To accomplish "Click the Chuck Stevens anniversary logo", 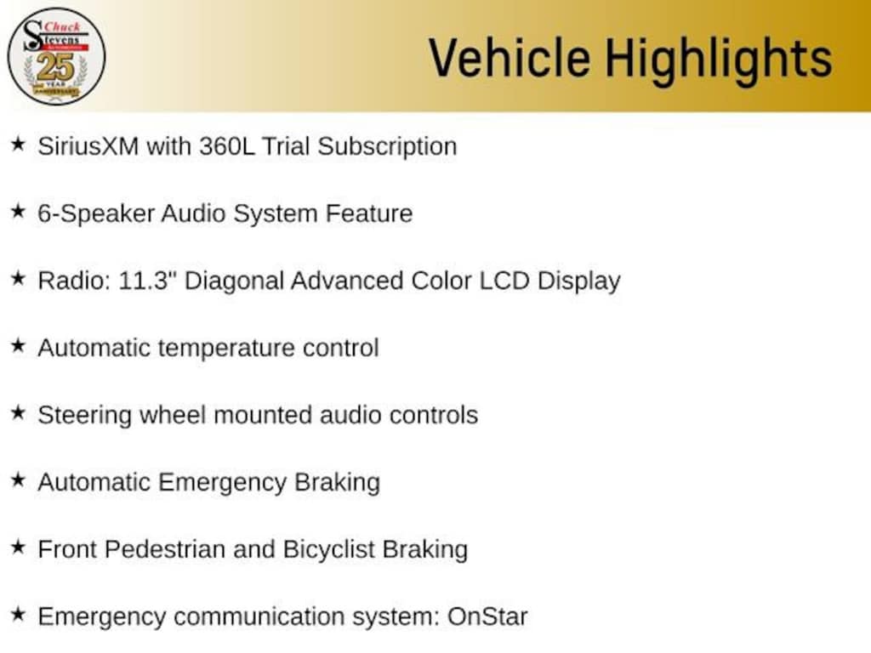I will click(56, 56).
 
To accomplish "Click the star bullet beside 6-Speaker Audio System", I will click(18, 212).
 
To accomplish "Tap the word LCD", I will click(504, 280).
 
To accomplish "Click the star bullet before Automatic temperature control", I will click(18, 346).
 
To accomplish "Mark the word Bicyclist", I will click(326, 548).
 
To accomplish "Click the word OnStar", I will click(487, 616).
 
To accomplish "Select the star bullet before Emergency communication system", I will click(18, 614).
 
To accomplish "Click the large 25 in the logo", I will click(55, 65).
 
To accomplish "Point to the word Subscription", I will click(387, 145).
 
